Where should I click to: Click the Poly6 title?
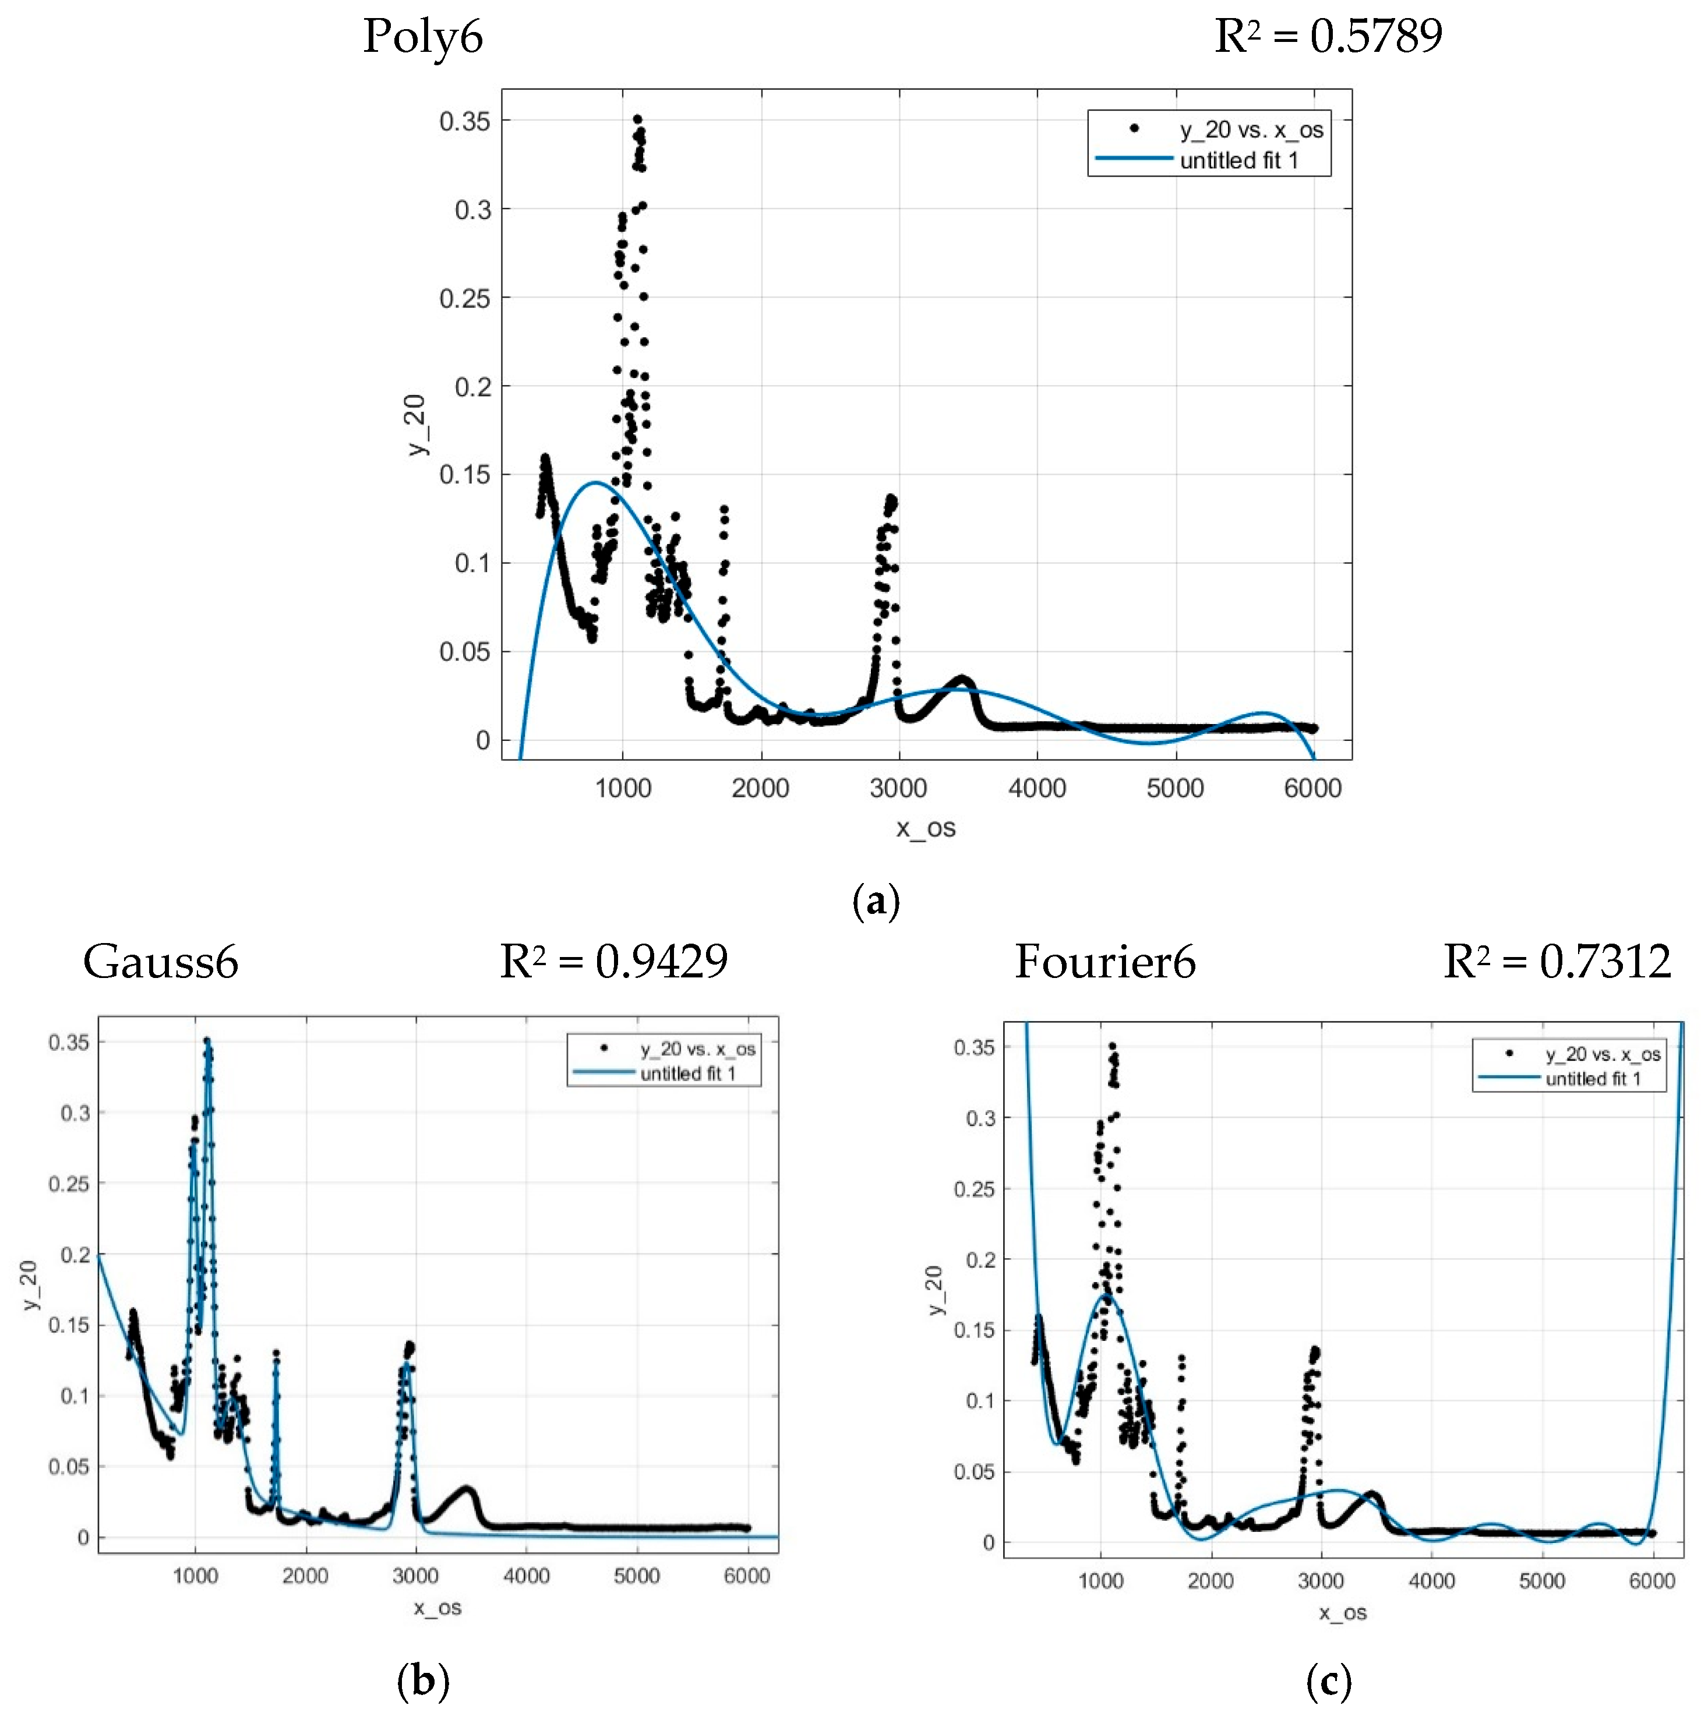423,37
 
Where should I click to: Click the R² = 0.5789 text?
1328,37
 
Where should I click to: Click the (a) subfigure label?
876,902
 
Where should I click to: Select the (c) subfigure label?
1329,1682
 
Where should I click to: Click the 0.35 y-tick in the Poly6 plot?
464,122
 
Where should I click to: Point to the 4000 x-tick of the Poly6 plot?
1036,788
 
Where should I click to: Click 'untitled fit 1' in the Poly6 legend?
1238,161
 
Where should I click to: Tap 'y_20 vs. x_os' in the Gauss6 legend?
698,1049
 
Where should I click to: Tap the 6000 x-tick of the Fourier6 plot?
1651,1581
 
